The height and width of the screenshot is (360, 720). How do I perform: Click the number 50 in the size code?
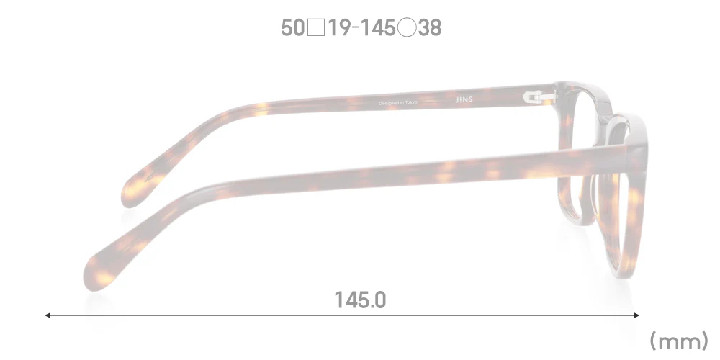click(x=293, y=28)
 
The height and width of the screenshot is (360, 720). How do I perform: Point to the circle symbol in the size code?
click(x=408, y=29)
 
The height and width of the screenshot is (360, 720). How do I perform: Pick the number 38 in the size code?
click(x=429, y=28)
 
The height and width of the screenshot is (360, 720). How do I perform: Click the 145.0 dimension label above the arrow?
click(x=360, y=299)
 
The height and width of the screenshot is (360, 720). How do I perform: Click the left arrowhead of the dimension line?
click(x=48, y=315)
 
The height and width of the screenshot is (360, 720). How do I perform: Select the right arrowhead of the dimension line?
click(x=636, y=315)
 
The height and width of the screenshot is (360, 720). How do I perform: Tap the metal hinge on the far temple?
click(x=536, y=95)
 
